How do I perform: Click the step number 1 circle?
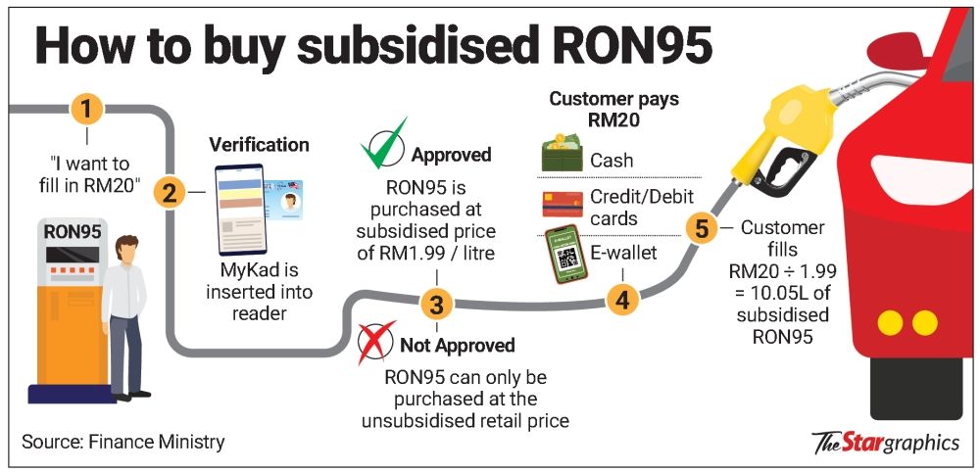pyautogui.click(x=88, y=108)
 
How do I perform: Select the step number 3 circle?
pyautogui.click(x=437, y=305)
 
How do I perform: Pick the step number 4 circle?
pyautogui.click(x=620, y=298)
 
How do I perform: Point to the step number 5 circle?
pyautogui.click(x=701, y=229)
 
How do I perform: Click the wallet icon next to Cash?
pyautogui.click(x=562, y=156)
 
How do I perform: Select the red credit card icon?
pyautogui.click(x=562, y=204)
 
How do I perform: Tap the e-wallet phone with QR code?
pyautogui.click(x=563, y=257)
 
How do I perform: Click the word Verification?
pyautogui.click(x=259, y=145)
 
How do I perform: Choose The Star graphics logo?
pyautogui.click(x=885, y=443)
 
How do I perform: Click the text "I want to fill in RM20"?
pyautogui.click(x=89, y=174)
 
